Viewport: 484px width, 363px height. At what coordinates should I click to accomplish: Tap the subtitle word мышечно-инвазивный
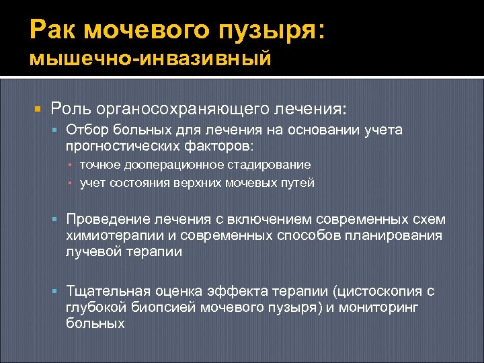coord(151,59)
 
